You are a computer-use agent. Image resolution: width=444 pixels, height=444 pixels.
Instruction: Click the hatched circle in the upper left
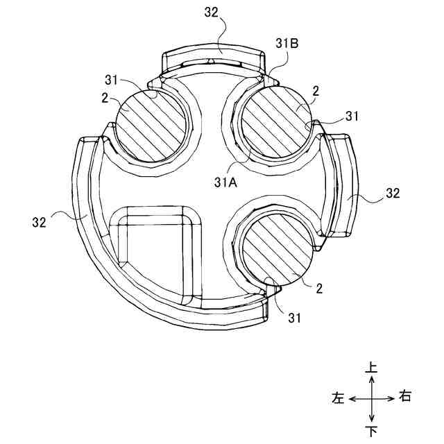tap(152, 126)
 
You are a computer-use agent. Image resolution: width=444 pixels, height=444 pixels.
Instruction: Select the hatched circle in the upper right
tap(277, 122)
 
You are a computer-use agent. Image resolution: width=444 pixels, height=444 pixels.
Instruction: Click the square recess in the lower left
tap(155, 257)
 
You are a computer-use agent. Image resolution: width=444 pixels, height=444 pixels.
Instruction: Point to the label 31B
tap(287, 44)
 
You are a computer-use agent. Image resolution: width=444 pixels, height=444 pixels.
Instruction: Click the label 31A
tap(226, 183)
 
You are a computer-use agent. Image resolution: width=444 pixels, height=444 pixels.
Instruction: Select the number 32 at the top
tap(212, 12)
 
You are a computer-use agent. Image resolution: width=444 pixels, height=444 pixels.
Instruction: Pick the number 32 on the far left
tap(40, 222)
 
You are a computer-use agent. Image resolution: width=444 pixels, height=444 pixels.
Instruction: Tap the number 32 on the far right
tap(393, 193)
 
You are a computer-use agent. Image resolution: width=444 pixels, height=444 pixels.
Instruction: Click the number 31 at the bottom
tap(294, 318)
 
